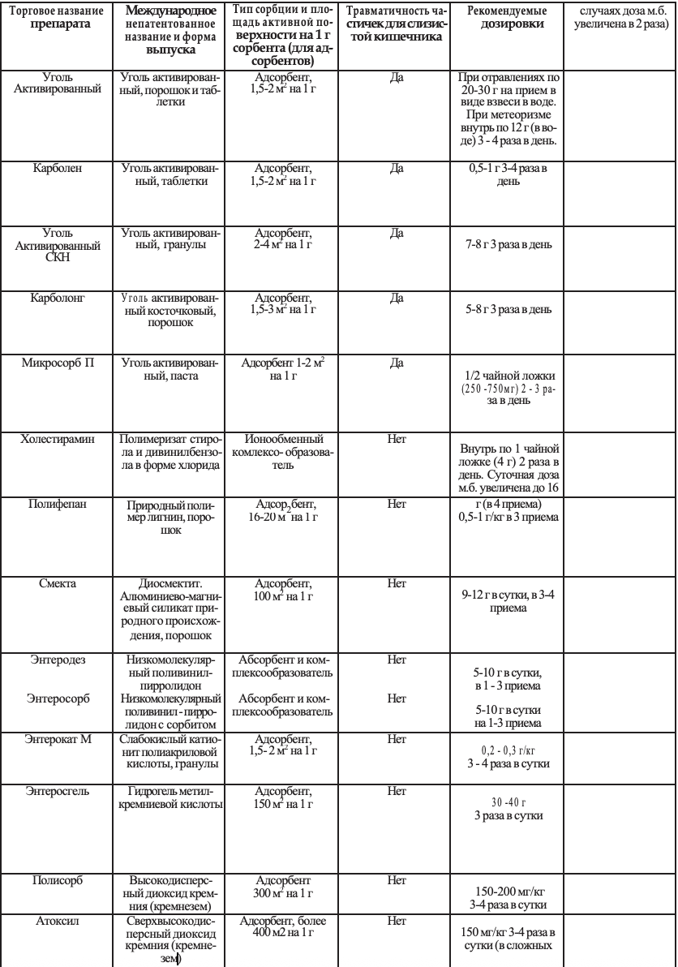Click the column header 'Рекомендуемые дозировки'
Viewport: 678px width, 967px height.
point(507,19)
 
